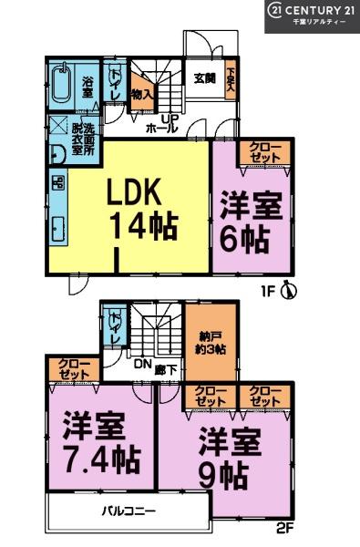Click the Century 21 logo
[311, 15]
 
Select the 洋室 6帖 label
[246, 222]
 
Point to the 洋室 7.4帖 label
[96, 441]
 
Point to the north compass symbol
[289, 291]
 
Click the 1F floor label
[266, 293]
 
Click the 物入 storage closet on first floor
[140, 92]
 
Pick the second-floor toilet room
[115, 328]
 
